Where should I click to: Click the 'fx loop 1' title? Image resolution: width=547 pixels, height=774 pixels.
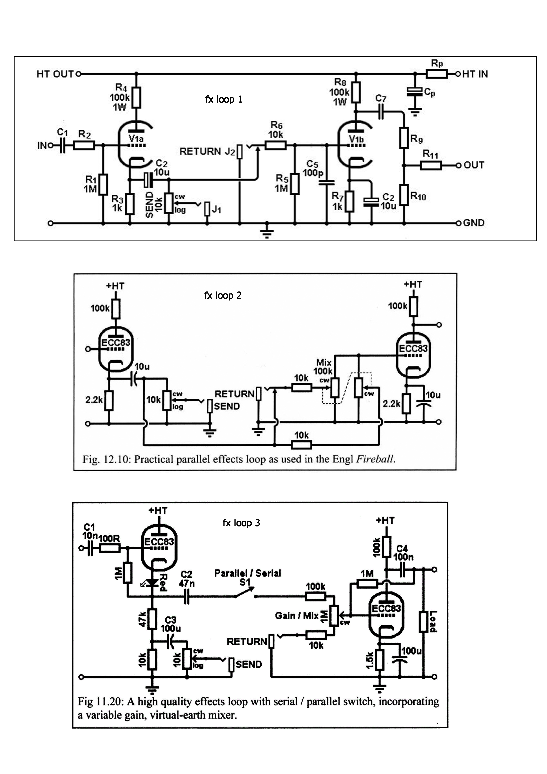pyautogui.click(x=224, y=100)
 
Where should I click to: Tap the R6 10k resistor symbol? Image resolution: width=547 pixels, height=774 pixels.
pyautogui.click(x=276, y=146)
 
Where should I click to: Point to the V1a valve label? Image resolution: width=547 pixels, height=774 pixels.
pyautogui.click(x=136, y=139)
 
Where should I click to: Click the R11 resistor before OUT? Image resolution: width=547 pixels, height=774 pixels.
pyautogui.click(x=431, y=165)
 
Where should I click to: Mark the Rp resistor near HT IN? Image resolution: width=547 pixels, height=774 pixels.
pyautogui.click(x=437, y=74)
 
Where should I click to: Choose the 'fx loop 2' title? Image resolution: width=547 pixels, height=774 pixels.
pyautogui.click(x=223, y=296)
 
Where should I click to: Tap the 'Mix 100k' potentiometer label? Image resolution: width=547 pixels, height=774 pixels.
pyautogui.click(x=323, y=367)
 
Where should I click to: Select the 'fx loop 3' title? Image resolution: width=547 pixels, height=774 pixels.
pyautogui.click(x=241, y=523)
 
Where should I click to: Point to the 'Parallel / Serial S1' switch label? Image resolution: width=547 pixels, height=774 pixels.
pyautogui.click(x=248, y=577)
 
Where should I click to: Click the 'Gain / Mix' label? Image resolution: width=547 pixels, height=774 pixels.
pyautogui.click(x=297, y=616)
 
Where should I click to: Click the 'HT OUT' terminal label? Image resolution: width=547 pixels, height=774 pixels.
pyautogui.click(x=55, y=74)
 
